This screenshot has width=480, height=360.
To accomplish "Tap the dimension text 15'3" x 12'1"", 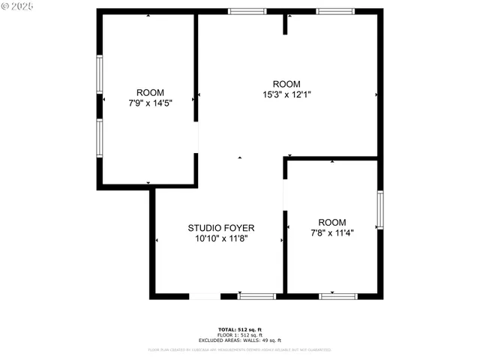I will [x=286, y=95].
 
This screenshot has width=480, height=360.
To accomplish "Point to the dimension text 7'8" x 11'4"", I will [x=331, y=233].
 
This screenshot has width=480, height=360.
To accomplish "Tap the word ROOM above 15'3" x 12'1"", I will [x=286, y=84].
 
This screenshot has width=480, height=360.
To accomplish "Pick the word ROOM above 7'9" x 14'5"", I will [x=149, y=93].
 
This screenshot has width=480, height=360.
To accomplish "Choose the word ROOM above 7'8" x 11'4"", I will [x=332, y=222].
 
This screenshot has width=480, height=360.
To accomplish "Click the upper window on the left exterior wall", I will [x=99, y=73].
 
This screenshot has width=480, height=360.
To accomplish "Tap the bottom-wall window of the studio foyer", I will [x=256, y=296].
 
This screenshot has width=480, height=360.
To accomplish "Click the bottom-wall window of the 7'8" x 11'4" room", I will [x=337, y=296].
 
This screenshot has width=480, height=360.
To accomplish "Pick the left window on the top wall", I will [x=247, y=11].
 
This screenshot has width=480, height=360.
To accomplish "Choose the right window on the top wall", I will [x=334, y=11].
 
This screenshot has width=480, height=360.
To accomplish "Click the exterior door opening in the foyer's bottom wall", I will [x=205, y=296].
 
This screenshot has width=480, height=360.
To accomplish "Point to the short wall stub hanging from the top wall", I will [x=285, y=24].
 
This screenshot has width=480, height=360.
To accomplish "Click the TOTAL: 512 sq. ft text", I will [x=240, y=330].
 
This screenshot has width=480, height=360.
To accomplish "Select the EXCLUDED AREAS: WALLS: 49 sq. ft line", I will [x=240, y=340].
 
